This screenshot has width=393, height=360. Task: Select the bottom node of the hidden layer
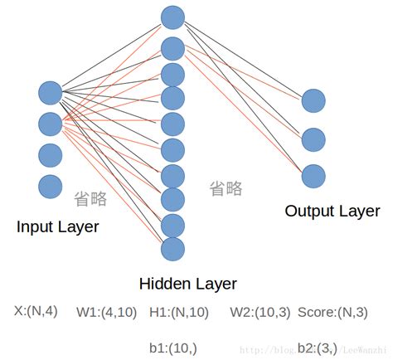coord(172,248)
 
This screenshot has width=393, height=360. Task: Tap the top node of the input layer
coord(51,94)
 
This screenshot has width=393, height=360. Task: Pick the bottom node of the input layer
coord(51,186)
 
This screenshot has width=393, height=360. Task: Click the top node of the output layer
coord(313,101)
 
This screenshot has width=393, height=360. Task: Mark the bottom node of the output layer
coord(313,176)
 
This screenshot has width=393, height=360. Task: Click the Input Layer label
coord(57,226)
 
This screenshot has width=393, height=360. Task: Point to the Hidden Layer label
coord(187,284)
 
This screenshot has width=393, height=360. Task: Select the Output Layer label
coord(332,211)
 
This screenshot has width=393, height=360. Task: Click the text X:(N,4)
coord(36,311)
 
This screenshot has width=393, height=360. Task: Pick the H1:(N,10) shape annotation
coord(179,312)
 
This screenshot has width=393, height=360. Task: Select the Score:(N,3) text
coord(332,312)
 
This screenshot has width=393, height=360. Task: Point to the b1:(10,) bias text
coord(173,347)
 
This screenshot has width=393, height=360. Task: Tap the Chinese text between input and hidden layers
coord(90,198)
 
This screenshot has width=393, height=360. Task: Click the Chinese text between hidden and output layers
coord(226,188)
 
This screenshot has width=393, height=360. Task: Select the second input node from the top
coord(51,124)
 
